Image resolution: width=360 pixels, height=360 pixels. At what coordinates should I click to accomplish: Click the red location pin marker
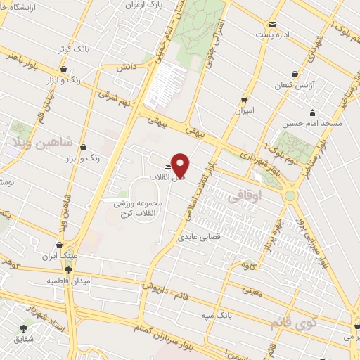coord(181,165)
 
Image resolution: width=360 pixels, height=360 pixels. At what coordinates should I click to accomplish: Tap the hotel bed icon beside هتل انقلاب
coord(167,167)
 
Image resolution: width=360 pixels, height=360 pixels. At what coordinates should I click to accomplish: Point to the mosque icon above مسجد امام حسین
coord(311,112)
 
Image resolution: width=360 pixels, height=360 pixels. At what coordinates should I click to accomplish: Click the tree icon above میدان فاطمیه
coord(69,269)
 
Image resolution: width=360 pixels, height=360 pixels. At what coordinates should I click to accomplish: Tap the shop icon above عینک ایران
coord(53,247)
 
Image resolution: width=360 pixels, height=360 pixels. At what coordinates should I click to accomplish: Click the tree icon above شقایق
coord(24,328)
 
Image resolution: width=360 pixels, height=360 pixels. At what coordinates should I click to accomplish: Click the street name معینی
coord(252,290)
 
